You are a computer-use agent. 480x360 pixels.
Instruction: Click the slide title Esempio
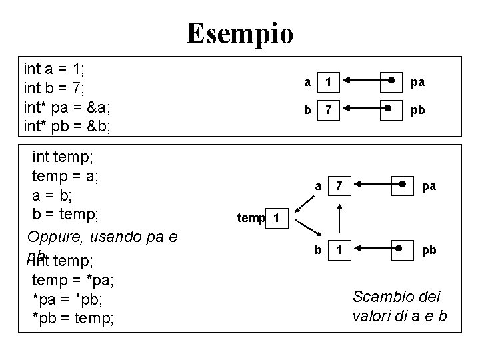(x=239, y=33)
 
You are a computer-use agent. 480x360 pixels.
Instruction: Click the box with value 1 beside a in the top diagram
(x=327, y=83)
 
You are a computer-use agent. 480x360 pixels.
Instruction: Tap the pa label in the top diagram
(x=418, y=83)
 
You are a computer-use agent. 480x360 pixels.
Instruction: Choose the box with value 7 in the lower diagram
(x=340, y=186)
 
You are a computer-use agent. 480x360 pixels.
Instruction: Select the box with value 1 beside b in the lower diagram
(x=340, y=250)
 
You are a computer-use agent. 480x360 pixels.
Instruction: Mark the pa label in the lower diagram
(x=429, y=186)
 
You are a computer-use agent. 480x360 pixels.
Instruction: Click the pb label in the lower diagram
(x=429, y=250)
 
